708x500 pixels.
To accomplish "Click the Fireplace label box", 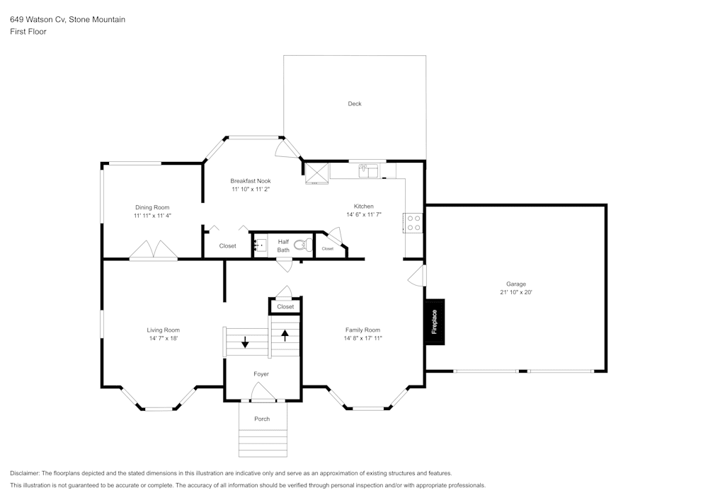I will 434,322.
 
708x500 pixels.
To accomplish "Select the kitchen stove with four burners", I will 413,223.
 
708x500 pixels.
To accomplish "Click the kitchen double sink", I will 369,170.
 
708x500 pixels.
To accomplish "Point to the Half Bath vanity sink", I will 259,245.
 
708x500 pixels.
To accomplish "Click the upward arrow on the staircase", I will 285,335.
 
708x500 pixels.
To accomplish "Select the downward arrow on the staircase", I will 245,342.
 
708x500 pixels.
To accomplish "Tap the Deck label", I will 355,104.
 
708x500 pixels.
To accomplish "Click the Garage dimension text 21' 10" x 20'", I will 515,292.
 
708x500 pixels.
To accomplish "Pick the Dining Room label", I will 152,207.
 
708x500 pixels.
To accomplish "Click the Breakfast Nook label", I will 250,181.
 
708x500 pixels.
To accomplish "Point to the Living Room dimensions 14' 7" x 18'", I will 163,339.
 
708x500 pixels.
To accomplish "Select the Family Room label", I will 362,330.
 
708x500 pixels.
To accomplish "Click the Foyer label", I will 261,373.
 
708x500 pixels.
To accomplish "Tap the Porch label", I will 262,419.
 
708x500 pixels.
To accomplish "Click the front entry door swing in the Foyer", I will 263,392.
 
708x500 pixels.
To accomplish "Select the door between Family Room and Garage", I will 418,276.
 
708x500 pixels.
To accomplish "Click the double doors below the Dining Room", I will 153,250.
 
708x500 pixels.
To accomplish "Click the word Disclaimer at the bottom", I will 25,473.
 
